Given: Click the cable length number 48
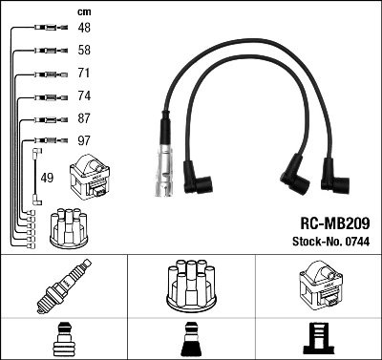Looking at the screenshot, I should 84,29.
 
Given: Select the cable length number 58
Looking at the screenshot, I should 84,50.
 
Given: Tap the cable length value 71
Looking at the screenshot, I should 84,74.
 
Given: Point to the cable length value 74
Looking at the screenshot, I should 84,96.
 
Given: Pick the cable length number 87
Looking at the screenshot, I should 84,119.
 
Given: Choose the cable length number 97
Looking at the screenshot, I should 84,141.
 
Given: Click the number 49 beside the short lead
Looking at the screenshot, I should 48,178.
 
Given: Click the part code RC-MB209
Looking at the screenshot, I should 327,222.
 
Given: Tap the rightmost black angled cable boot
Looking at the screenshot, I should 335,175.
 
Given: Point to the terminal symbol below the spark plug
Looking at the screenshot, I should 63,337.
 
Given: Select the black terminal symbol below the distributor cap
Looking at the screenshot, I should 190,338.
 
